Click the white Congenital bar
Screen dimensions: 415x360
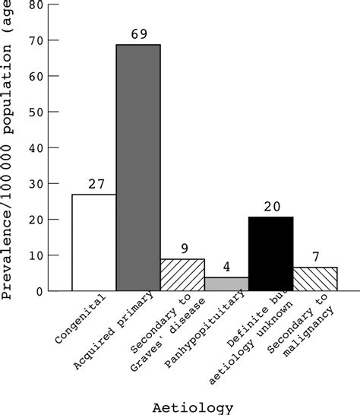[94, 242]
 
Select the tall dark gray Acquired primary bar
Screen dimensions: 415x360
[138, 167]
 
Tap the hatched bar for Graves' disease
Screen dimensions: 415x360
[182, 274]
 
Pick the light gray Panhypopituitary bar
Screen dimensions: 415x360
[226, 284]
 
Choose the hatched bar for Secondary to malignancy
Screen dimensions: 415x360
[314, 279]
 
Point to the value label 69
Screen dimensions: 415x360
[138, 34]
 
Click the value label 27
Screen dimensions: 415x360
[94, 184]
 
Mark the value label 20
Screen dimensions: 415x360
[270, 206]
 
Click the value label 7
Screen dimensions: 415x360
[314, 256]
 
